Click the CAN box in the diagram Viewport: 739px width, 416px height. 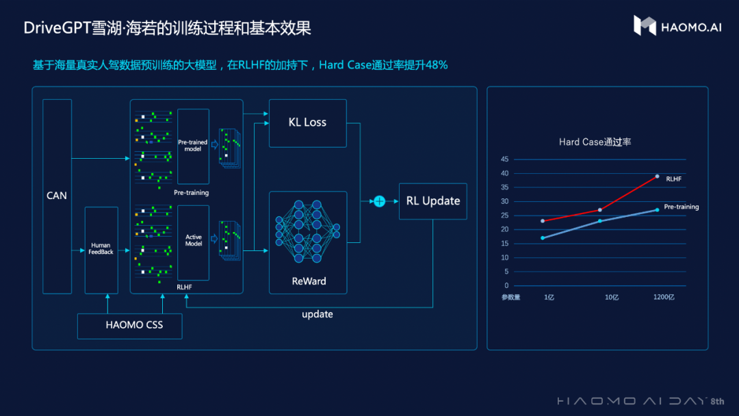pyautogui.click(x=57, y=196)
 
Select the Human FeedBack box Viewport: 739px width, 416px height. pyautogui.click(x=101, y=249)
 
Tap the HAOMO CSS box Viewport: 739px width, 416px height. pyautogui.click(x=130, y=325)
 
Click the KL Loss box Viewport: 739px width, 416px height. pyautogui.click(x=307, y=122)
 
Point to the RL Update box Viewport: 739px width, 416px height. pyautogui.click(x=432, y=201)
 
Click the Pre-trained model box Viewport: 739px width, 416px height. pyautogui.click(x=193, y=146)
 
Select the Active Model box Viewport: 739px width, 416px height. pyautogui.click(x=194, y=241)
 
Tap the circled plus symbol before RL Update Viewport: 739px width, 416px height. pyautogui.click(x=378, y=201)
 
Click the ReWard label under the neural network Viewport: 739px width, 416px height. pyautogui.click(x=309, y=281)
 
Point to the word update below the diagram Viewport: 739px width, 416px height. pyautogui.click(x=317, y=314)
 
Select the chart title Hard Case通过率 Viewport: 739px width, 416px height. pyautogui.click(x=595, y=142)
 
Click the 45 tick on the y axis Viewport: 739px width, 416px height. pyautogui.click(x=505, y=159)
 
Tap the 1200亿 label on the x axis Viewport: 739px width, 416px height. pyautogui.click(x=663, y=298)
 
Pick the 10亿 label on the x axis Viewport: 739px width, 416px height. pyautogui.click(x=611, y=298)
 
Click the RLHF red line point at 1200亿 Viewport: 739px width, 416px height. pyautogui.click(x=657, y=176)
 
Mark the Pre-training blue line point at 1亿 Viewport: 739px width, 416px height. pyautogui.click(x=543, y=238)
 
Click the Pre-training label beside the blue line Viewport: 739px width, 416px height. pyautogui.click(x=681, y=207)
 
